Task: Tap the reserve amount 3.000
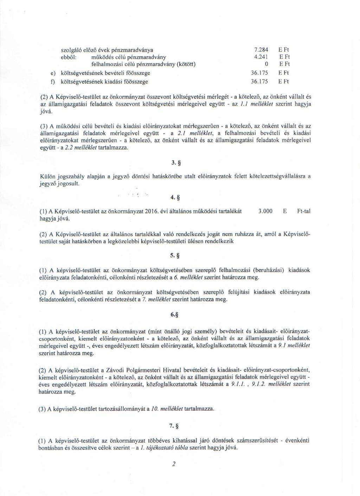pos(265,211)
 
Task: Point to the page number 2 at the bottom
pos(174,464)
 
